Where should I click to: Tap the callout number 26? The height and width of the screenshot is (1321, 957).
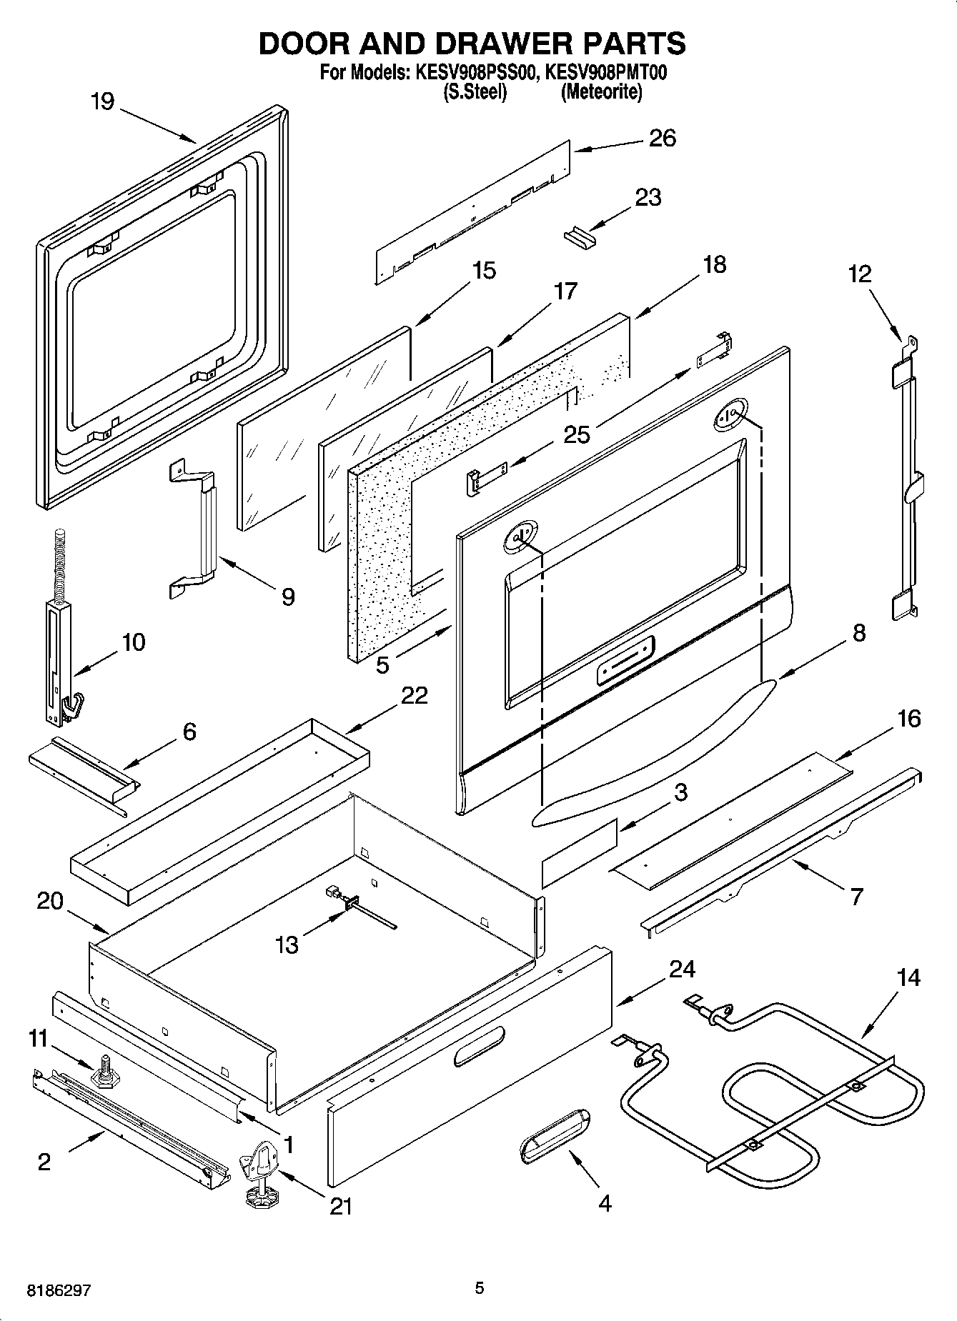(662, 138)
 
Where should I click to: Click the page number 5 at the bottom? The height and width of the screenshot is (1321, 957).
(480, 1289)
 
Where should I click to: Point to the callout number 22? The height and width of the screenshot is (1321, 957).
(414, 695)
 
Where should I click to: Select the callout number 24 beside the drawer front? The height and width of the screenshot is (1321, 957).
(682, 969)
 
